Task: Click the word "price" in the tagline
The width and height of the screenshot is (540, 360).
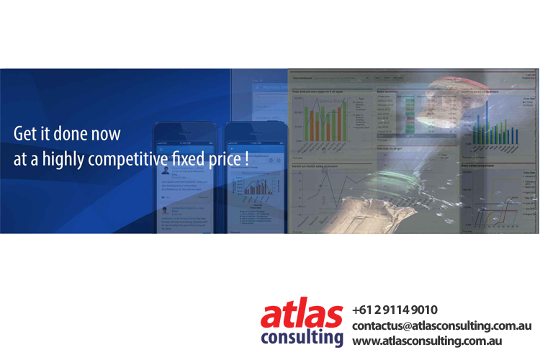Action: coord(221,160)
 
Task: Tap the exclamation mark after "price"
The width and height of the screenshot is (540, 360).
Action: coord(246,159)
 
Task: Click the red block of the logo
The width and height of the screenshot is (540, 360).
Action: coord(302,311)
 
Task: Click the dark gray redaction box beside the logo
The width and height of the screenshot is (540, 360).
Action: coord(442,323)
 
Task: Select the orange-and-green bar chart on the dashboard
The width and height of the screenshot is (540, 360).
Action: coord(324,120)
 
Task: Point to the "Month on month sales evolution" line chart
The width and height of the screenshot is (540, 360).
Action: coord(331,198)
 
